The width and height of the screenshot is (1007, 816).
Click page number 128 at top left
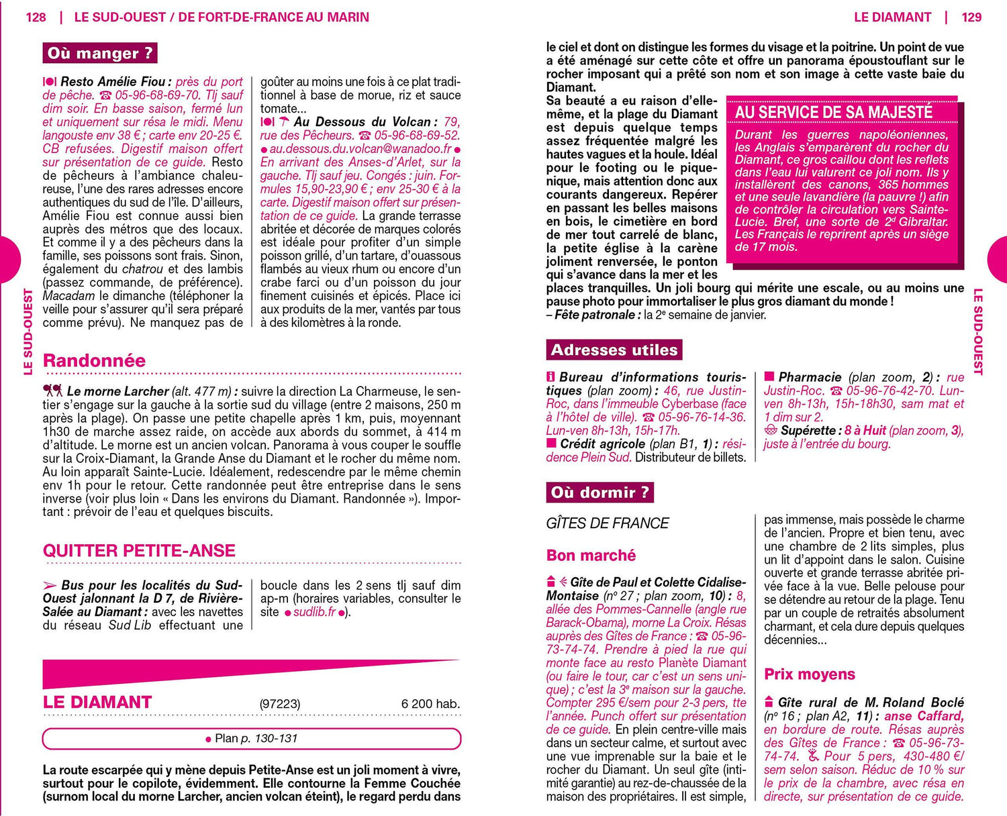36,17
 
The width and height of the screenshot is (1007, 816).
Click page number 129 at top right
971,17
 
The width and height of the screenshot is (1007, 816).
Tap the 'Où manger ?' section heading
100,53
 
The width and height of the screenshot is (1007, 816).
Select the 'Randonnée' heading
94,360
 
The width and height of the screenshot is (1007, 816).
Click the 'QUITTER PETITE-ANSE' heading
139,551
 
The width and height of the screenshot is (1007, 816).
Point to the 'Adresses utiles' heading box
614,350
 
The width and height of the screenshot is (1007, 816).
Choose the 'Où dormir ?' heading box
600,493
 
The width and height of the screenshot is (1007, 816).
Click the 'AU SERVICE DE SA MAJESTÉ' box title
834,112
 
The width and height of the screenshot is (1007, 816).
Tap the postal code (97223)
280,704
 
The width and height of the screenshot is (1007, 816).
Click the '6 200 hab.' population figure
430,704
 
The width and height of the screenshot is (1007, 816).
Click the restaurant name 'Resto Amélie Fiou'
113,82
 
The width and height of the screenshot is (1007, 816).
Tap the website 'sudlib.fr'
314,612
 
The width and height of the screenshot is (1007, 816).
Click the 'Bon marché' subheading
591,556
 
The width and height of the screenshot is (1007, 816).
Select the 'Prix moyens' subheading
810,674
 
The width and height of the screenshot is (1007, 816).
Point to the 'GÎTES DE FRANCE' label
608,523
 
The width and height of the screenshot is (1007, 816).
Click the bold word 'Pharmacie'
810,377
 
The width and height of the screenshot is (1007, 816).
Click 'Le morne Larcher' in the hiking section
117,391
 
